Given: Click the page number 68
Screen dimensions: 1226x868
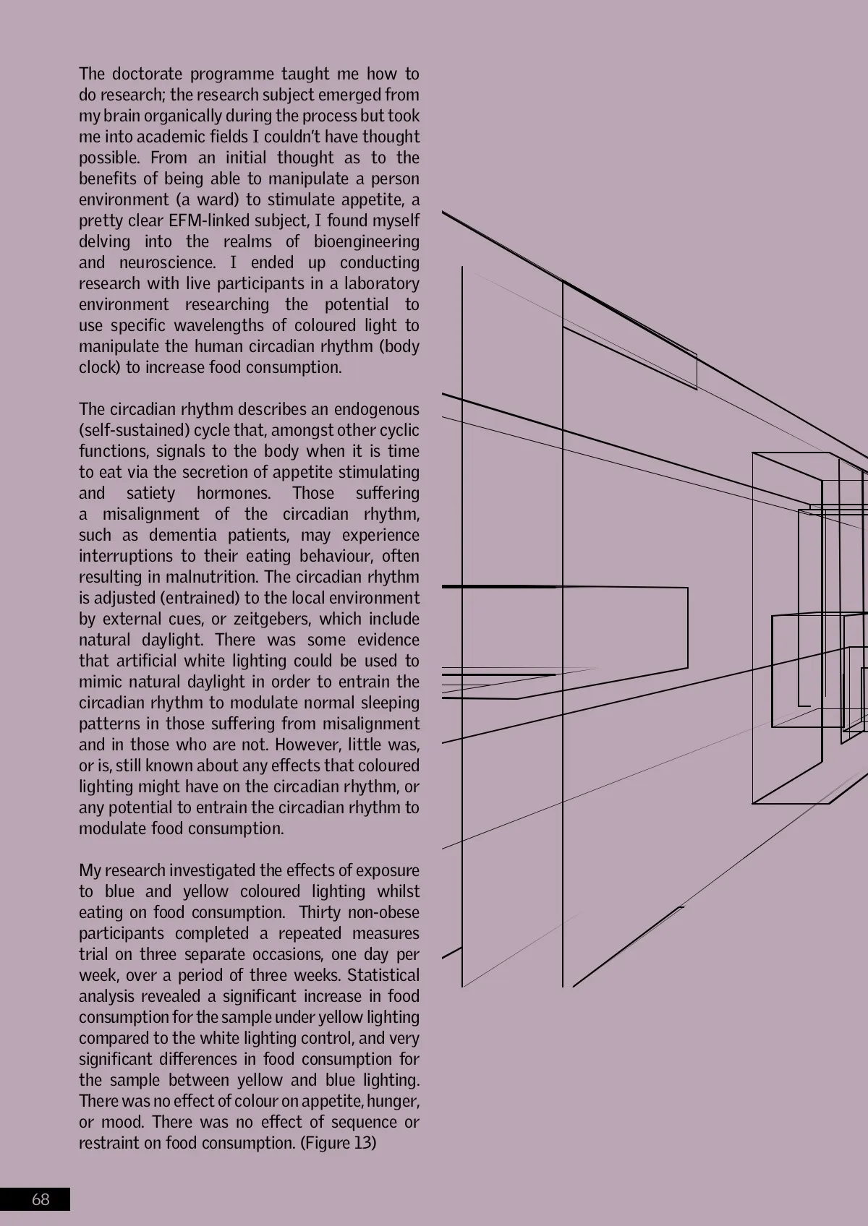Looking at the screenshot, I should click(41, 1199).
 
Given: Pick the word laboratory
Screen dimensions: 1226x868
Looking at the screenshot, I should click(382, 283).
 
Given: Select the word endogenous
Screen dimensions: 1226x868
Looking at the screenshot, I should click(376, 409).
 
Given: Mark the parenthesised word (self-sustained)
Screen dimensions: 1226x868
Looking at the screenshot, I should click(135, 430).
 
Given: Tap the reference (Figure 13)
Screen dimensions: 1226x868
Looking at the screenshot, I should click(338, 1143).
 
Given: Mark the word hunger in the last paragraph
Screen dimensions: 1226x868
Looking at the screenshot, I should click(393, 1101).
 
